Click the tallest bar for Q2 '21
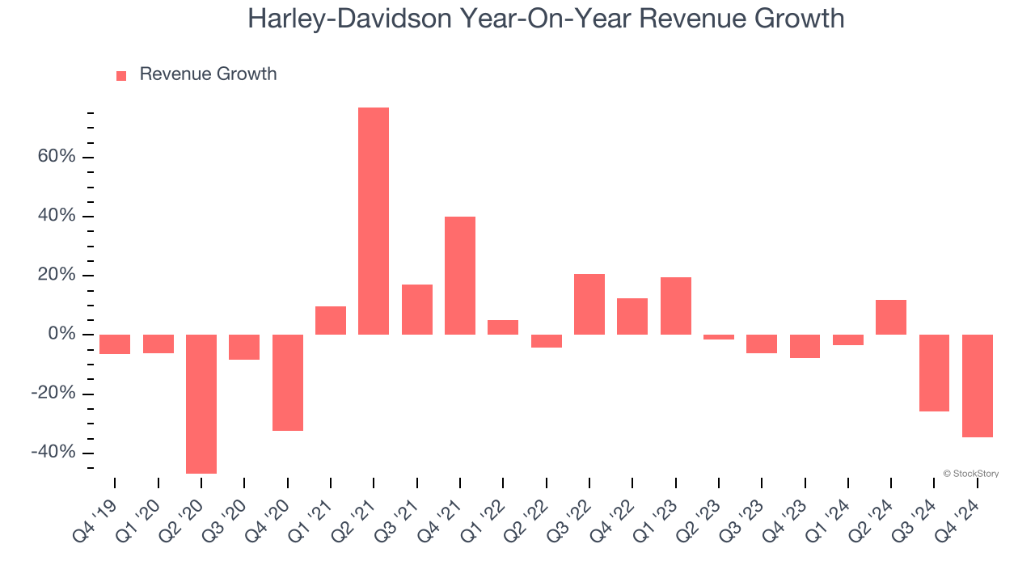(374, 221)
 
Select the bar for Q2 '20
(201, 403)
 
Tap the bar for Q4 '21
(460, 275)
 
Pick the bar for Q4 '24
(977, 386)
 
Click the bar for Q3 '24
(934, 373)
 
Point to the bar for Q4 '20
(287, 382)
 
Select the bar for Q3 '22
(589, 304)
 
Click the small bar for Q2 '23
(719, 337)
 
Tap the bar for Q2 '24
(891, 317)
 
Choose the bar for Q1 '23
(676, 306)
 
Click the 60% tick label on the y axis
(57, 157)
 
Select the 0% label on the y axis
(62, 335)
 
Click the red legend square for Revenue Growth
(121, 76)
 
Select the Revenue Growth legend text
(208, 74)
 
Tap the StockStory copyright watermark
(970, 474)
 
